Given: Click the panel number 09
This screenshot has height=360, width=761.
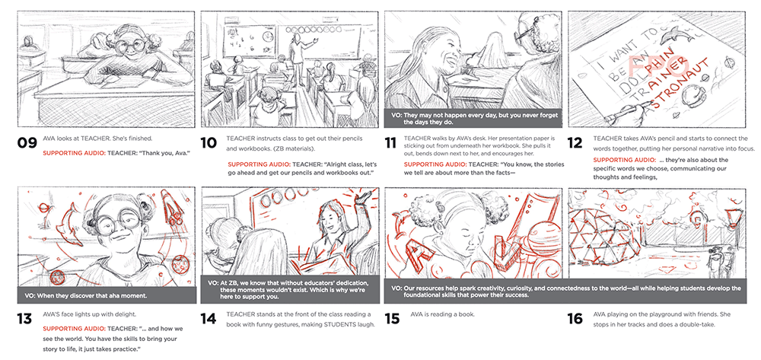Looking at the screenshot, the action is (x=27, y=142).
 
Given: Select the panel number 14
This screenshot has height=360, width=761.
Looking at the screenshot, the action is (x=210, y=319).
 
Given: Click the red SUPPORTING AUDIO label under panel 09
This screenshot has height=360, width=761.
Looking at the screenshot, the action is (x=70, y=153).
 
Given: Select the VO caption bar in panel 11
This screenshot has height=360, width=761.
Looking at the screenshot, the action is (x=473, y=119).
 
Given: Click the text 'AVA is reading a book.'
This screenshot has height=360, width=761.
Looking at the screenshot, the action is (x=442, y=314).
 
